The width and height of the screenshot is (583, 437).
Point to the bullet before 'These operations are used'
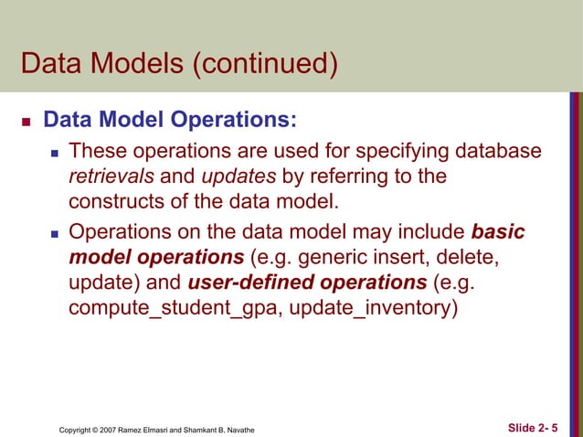pyautogui.click(x=57, y=151)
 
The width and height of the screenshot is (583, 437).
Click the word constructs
pyautogui.click(x=117, y=201)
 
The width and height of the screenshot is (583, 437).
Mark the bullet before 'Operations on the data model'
pyautogui.click(x=57, y=233)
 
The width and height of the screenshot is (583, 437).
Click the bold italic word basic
pyautogui.click(x=498, y=232)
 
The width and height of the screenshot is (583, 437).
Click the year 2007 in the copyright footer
pyautogui.click(x=114, y=428)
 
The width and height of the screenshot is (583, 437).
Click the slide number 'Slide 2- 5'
pyautogui.click(x=532, y=427)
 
